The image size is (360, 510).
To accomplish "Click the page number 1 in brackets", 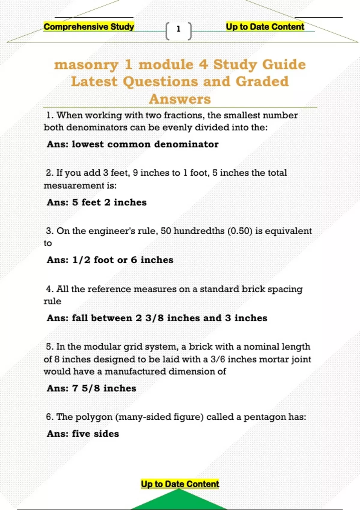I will tap(178, 29).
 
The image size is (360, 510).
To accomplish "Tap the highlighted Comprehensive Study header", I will tap(89, 27).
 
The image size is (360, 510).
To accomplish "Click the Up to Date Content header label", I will tap(265, 27).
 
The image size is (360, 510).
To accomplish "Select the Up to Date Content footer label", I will tap(180, 484).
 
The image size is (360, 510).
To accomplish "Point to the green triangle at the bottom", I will tap(179, 501).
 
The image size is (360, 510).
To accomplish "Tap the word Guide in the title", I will tap(284, 64).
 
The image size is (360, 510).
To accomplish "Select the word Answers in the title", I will tap(180, 99).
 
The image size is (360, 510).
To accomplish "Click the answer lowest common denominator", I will tap(145, 144).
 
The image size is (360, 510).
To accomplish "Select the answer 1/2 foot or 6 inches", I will tap(123, 260).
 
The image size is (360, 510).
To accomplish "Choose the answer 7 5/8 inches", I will tap(104, 388).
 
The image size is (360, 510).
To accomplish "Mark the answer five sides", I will tap(95, 434).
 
